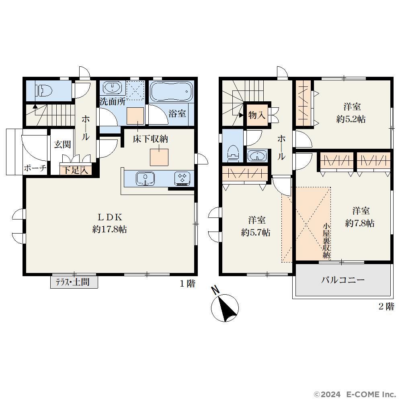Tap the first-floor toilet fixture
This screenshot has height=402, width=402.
[45, 90]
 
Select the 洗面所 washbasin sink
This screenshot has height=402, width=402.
[112, 88]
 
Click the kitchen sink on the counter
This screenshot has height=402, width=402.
[145, 178]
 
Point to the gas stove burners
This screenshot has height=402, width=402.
[182, 178]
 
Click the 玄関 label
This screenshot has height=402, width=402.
[62, 144]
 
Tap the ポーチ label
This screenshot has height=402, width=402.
[35, 168]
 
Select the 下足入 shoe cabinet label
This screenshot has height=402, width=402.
[76, 170]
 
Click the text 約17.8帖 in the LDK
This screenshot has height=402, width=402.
[109, 229]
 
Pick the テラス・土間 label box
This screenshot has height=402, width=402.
[74, 282]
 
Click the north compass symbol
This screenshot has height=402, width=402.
[225, 308]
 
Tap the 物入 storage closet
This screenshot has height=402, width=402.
[257, 115]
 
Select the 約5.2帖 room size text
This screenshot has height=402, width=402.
[351, 119]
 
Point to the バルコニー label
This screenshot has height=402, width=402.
[343, 280]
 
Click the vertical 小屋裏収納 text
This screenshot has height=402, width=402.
[326, 241]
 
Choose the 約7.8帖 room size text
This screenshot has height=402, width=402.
[359, 223]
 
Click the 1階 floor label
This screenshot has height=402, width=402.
[187, 283]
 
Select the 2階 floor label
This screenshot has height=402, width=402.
[386, 306]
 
